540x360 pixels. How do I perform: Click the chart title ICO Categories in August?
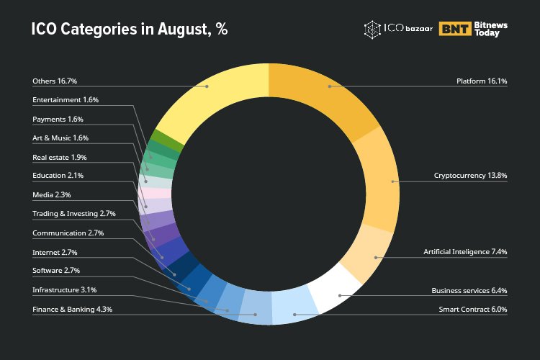[130, 30]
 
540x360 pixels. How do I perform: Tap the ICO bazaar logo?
[395, 30]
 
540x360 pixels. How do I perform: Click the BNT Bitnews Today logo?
[473, 30]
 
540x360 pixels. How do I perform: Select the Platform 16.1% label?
[482, 81]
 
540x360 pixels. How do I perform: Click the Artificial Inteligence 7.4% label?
[465, 252]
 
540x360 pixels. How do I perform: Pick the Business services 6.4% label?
[469, 290]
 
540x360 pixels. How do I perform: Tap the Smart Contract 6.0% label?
[473, 309]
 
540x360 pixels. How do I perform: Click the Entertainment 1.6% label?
[66, 100]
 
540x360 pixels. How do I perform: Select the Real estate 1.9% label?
[60, 156]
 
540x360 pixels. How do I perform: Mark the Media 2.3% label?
[51, 194]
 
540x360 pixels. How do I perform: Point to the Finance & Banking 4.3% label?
[72, 309]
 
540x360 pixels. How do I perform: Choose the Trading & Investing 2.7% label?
[74, 214]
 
